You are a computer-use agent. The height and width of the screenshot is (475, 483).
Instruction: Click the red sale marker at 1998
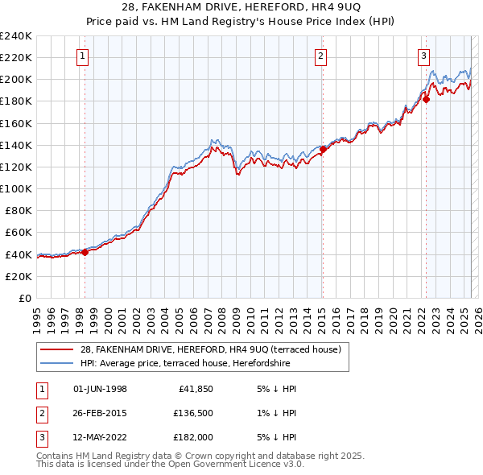[x=85, y=252]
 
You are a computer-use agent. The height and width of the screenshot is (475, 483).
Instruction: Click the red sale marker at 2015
[x=323, y=149]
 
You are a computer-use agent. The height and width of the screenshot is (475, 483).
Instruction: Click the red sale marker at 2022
[x=426, y=99]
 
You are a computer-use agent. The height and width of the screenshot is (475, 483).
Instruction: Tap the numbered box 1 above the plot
[x=84, y=56]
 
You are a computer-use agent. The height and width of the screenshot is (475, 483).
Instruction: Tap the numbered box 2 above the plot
[x=320, y=56]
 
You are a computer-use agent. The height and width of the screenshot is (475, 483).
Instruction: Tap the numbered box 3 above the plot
[x=423, y=56]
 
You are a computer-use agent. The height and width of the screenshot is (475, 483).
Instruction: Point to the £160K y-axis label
[x=16, y=123]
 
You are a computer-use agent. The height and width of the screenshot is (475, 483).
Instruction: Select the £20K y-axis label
[x=19, y=276]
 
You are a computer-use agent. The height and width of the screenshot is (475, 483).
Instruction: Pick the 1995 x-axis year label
[x=37, y=315]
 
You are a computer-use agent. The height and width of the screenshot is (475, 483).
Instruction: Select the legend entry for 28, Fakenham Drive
[x=211, y=349]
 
